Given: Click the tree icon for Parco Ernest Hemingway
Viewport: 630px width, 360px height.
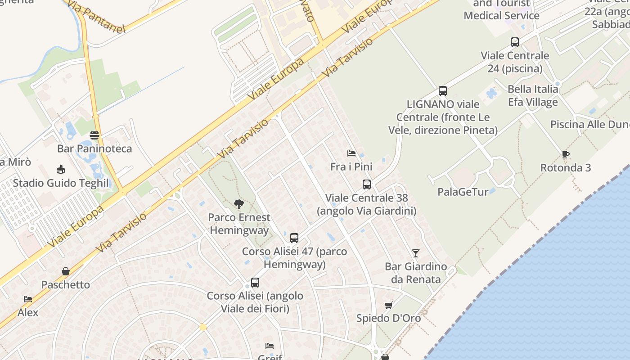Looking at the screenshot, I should (238, 205).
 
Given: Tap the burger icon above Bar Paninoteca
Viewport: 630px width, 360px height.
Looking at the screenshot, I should (94, 135).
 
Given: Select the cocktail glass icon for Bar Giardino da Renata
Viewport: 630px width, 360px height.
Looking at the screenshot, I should (416, 253).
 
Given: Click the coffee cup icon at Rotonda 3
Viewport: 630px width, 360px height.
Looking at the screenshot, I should (566, 155).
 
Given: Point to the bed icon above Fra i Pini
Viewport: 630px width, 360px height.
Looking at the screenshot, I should (351, 153).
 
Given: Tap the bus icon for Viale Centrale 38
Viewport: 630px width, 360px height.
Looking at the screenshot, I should (367, 184).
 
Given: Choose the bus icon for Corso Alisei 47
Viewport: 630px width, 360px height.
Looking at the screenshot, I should (294, 238).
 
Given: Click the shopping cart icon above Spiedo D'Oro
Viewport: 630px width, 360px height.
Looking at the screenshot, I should (389, 305).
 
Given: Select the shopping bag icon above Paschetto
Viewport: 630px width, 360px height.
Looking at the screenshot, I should (66, 271).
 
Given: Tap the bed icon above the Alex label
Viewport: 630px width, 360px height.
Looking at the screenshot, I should (28, 299).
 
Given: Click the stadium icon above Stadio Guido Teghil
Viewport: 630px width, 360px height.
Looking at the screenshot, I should (61, 170).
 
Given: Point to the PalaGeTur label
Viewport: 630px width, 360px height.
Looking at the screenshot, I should (463, 192).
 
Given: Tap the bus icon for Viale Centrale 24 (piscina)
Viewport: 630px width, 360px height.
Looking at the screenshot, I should (515, 42).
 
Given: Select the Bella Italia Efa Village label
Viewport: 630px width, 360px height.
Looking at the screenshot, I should (533, 95).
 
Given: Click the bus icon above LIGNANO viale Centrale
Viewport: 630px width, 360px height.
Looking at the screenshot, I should (443, 91).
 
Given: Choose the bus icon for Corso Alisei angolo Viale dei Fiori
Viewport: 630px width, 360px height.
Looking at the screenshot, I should (255, 283).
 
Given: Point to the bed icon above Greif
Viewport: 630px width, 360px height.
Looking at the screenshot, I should (270, 346).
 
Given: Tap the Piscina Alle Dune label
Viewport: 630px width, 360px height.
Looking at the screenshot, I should (589, 124).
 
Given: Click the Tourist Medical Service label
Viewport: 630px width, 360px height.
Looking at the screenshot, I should (501, 10).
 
